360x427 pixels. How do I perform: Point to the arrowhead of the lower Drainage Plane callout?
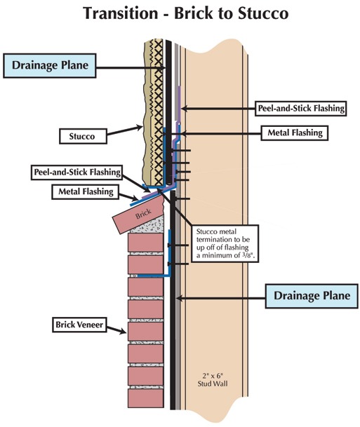tap(178, 298)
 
